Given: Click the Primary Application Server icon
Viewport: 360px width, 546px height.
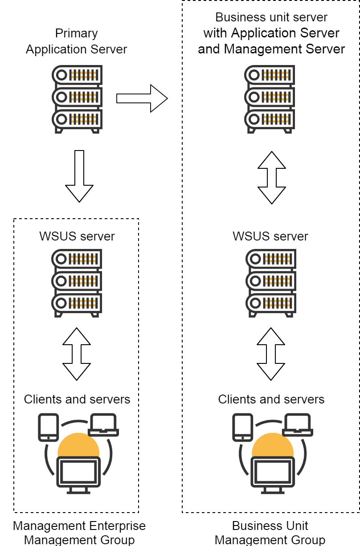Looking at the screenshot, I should click(x=77, y=99).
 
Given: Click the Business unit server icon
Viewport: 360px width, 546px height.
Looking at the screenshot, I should click(x=270, y=99).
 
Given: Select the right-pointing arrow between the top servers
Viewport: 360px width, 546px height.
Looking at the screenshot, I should click(x=142, y=98).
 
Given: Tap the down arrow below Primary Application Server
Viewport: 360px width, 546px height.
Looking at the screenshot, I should click(x=79, y=176).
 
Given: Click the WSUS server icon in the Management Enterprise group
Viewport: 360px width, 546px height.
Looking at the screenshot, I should click(x=77, y=283).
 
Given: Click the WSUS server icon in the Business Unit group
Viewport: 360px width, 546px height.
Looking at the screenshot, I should click(x=270, y=283).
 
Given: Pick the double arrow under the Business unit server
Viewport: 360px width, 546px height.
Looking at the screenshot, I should click(x=271, y=177).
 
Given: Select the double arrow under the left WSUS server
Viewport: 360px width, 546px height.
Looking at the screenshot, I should click(x=77, y=354).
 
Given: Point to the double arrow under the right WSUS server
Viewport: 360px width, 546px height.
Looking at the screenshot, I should click(x=271, y=354).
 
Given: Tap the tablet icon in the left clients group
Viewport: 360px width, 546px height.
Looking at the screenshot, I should click(x=48, y=427).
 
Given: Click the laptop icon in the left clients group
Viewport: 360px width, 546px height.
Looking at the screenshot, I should click(x=103, y=425).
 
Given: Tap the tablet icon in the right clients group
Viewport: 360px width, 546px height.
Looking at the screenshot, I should click(x=242, y=427).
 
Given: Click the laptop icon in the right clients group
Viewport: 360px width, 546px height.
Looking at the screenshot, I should click(x=298, y=425).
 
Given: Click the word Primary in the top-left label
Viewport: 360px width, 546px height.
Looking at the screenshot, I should click(x=77, y=33).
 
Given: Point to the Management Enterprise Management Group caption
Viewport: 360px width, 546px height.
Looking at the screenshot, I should click(x=79, y=533).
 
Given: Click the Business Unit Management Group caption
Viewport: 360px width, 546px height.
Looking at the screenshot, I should click(x=270, y=533).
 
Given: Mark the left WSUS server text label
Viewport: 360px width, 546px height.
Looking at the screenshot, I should click(x=77, y=236).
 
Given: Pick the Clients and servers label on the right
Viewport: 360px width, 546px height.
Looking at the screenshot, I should click(x=271, y=399).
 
